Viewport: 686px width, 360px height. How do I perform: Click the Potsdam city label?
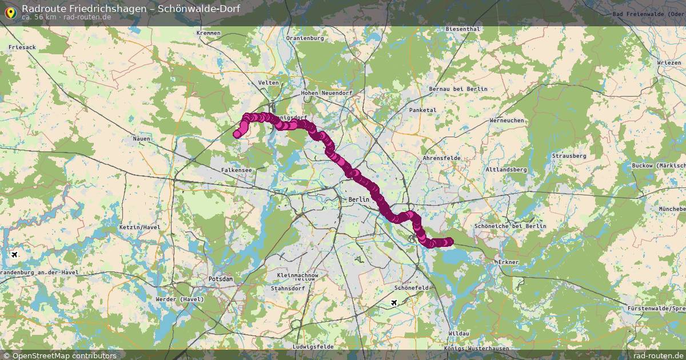221,279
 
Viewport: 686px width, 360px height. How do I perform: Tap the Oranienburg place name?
305,38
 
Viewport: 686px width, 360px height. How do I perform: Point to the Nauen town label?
141,139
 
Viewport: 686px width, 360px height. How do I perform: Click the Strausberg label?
569,155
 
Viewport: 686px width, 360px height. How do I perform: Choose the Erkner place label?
508,262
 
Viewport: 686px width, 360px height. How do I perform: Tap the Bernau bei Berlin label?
458,89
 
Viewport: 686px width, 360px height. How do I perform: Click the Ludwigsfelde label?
312,347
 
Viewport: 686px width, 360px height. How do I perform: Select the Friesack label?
22,47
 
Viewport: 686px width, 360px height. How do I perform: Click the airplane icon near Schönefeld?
394,302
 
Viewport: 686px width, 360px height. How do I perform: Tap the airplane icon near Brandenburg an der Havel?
14,255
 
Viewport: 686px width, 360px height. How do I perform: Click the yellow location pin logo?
10,11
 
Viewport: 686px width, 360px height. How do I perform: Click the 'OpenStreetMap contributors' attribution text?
64,355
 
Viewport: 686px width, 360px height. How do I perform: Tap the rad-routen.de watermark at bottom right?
651,355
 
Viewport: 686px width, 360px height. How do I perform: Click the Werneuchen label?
507,121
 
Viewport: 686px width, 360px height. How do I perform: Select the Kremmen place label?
208,33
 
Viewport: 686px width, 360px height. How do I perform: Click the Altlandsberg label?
505,170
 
